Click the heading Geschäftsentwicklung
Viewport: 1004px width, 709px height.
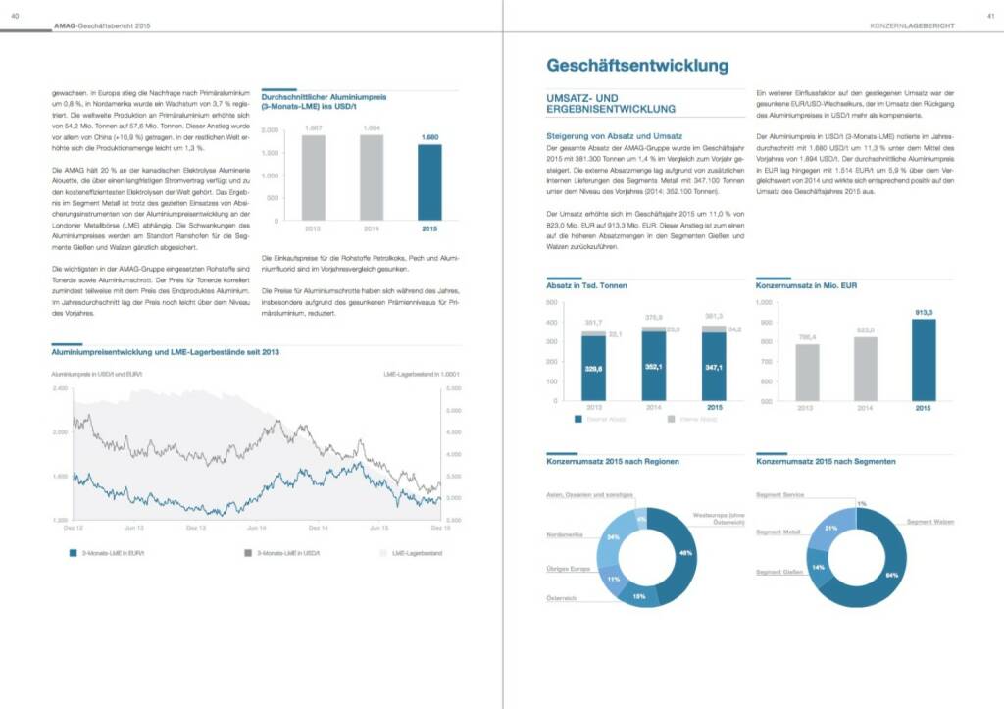pos(636,66)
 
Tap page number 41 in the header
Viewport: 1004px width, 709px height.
pos(990,13)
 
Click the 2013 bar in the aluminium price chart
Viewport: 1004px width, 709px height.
pos(314,177)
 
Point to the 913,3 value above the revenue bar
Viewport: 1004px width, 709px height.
pos(923,313)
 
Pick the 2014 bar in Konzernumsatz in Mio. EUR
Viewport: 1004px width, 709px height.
pos(864,369)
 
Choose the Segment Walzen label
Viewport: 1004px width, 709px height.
pos(930,522)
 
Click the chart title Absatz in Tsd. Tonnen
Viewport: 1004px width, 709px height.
pos(586,285)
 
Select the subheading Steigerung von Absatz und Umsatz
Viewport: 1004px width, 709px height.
pos(616,135)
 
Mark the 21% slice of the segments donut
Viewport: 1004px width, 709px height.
pos(830,529)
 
